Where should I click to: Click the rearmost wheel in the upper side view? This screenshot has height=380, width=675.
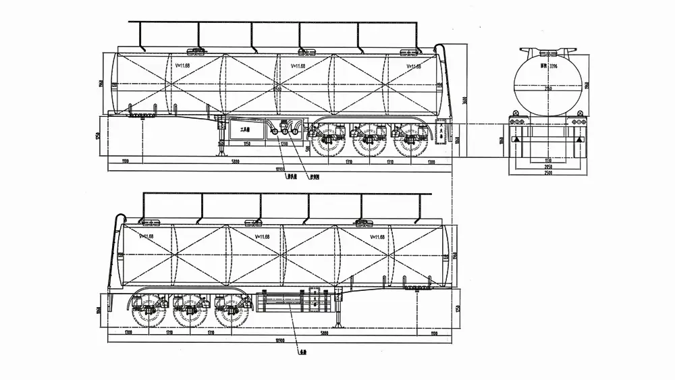click(408, 142)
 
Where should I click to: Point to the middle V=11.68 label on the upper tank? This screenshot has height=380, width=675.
click(298, 66)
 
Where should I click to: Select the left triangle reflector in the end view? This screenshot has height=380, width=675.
click(516, 138)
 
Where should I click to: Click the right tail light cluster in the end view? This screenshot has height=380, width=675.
click(578, 122)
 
